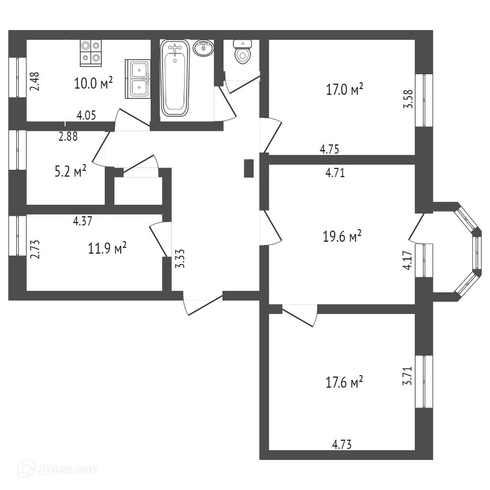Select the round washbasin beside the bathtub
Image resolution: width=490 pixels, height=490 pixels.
click(x=203, y=48)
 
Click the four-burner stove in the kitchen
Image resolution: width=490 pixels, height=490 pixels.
click(x=91, y=52)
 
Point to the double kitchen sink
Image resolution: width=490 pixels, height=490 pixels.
click(x=138, y=78)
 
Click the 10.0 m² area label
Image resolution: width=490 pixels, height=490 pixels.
click(x=93, y=83)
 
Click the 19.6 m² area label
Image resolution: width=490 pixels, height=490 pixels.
click(x=342, y=236)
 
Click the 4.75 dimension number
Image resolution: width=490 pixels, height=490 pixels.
click(x=329, y=149)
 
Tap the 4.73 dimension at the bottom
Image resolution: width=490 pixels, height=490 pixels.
click(x=342, y=445)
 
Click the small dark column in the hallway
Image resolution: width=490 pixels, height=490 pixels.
click(x=249, y=168)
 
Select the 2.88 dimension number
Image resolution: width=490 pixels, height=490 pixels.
click(x=68, y=136)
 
